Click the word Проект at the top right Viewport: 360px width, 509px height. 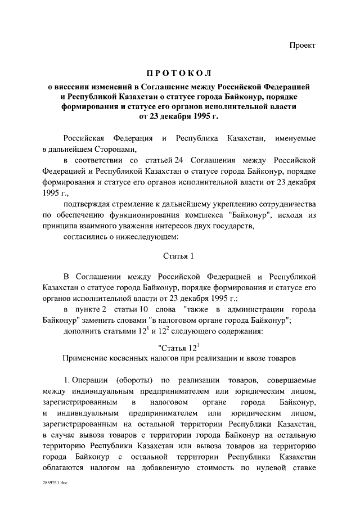[x=303, y=45]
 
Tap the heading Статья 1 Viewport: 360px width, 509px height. [x=178, y=256]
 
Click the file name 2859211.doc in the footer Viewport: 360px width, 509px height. [x=53, y=483]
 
